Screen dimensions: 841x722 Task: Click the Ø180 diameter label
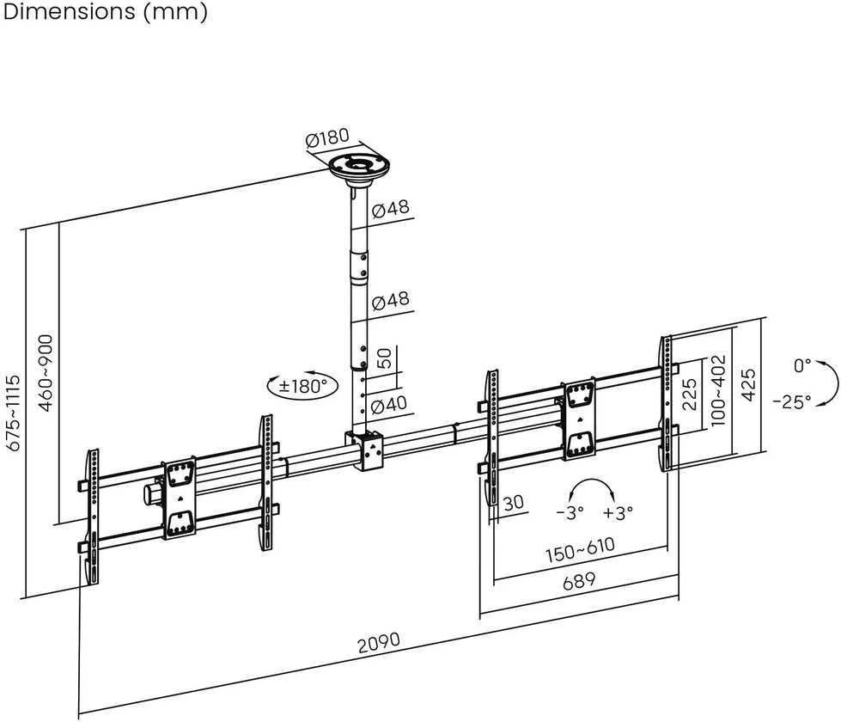[x=327, y=138]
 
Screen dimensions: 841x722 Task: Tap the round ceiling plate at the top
[x=359, y=168]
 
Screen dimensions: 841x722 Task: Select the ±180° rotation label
[x=303, y=385]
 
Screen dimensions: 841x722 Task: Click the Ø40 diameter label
[x=389, y=404]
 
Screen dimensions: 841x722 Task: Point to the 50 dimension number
[x=384, y=358]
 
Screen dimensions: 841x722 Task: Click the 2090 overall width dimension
[x=379, y=642]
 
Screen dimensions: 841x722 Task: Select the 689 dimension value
[x=579, y=581]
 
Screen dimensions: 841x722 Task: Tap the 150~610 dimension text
[x=581, y=550]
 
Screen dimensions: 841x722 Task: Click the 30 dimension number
[x=514, y=503]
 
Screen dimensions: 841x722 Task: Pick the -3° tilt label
[x=570, y=512]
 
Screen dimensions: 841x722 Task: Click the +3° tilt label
[x=618, y=512]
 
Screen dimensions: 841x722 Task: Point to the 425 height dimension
[x=748, y=384]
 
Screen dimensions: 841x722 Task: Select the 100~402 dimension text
[x=717, y=390]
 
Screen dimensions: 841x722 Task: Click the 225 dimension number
[x=689, y=395]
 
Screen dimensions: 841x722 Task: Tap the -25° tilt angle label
[x=792, y=401]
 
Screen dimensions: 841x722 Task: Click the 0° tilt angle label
[x=802, y=366]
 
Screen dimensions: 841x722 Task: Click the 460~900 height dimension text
[x=46, y=373]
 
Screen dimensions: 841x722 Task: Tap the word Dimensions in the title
[x=70, y=11]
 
